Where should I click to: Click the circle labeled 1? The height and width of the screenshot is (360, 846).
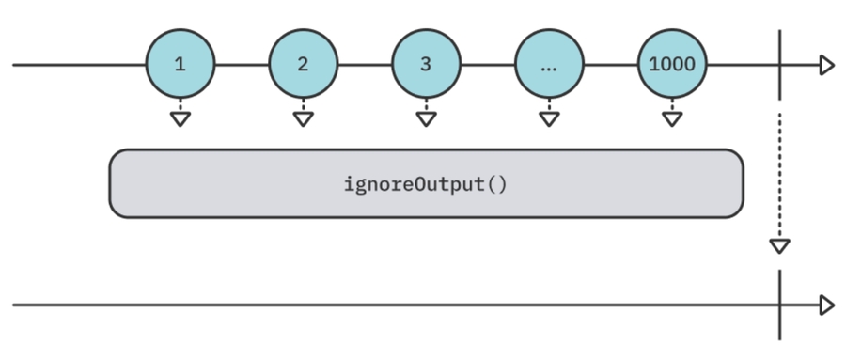pyautogui.click(x=180, y=65)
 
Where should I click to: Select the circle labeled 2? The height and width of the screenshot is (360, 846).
pyautogui.click(x=303, y=65)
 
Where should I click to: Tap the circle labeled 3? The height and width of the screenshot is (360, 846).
pyautogui.click(x=426, y=65)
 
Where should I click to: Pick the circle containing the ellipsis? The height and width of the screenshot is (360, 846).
pyautogui.click(x=549, y=65)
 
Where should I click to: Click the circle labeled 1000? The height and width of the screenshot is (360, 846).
pyautogui.click(x=671, y=65)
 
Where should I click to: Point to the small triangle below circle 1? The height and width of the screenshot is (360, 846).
pyautogui.click(x=180, y=119)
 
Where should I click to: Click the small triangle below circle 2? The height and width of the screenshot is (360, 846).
pyautogui.click(x=303, y=119)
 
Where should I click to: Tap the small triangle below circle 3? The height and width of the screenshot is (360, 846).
pyautogui.click(x=426, y=119)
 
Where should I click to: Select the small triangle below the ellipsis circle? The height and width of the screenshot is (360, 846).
pyautogui.click(x=549, y=119)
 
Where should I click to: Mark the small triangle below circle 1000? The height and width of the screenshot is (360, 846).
pyautogui.click(x=671, y=119)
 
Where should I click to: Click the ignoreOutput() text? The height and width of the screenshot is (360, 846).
pyautogui.click(x=426, y=183)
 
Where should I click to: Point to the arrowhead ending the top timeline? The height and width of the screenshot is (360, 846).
pyautogui.click(x=826, y=65)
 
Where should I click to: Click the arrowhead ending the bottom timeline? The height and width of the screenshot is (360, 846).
pyautogui.click(x=826, y=305)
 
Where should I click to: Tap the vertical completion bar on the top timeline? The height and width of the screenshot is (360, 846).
pyautogui.click(x=779, y=65)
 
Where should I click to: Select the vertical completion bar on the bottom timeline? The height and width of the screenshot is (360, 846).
pyautogui.click(x=779, y=305)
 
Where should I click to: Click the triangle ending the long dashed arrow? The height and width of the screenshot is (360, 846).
pyautogui.click(x=779, y=245)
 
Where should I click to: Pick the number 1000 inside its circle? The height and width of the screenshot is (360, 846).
pyautogui.click(x=671, y=66)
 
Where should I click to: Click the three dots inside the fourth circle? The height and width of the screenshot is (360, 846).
pyautogui.click(x=549, y=68)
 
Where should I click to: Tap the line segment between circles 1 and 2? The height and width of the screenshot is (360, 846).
pyautogui.click(x=242, y=65)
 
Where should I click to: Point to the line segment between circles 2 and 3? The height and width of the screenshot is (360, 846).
pyautogui.click(x=365, y=65)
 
